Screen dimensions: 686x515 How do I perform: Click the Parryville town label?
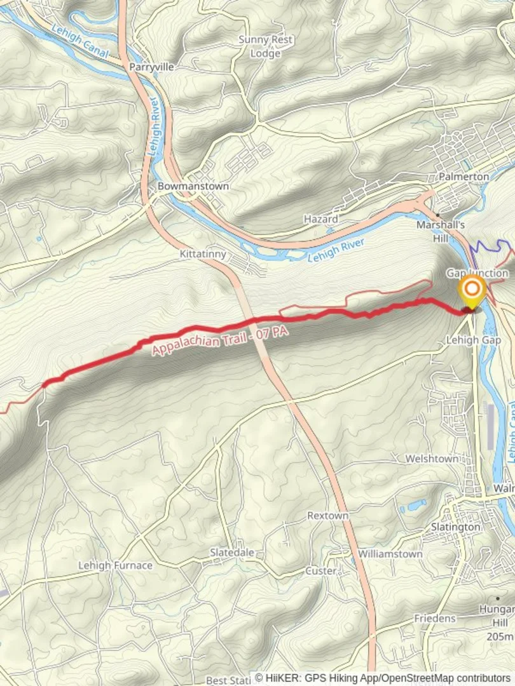148,66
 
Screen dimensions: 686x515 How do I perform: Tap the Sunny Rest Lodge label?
265,46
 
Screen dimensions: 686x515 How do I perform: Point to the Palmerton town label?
464,176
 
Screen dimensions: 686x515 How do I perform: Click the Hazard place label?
320,219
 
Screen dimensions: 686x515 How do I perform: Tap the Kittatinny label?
203,254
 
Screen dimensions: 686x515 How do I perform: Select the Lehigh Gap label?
474,340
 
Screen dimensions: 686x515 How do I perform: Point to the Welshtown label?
432,458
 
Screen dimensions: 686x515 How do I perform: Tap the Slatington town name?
455,527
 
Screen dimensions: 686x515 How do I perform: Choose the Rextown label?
327,515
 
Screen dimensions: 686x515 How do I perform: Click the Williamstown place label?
390,554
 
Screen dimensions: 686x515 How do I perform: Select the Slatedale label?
232,553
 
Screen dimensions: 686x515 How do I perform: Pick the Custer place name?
320,570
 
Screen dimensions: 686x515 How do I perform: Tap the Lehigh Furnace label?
115,565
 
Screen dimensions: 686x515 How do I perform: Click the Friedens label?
436,618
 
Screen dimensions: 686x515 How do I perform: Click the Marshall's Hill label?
441,231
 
